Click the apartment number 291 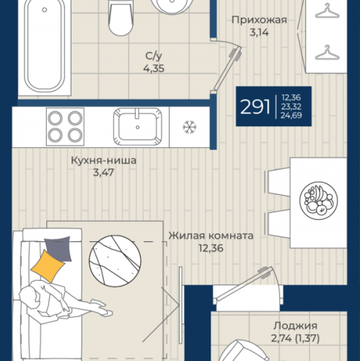click(x=255, y=107)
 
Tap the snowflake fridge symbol click(x=190, y=127)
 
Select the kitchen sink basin click(x=138, y=126)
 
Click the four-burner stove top click(x=65, y=126)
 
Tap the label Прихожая click(x=259, y=20)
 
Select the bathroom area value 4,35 click(x=154, y=69)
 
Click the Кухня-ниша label click(x=104, y=160)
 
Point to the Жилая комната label click(x=211, y=235)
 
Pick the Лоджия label click(x=295, y=326)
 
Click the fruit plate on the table click(x=318, y=201)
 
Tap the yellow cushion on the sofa click(x=48, y=266)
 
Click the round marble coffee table click(x=115, y=261)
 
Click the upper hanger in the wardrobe click(x=327, y=11)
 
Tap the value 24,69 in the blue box click(x=291, y=116)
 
